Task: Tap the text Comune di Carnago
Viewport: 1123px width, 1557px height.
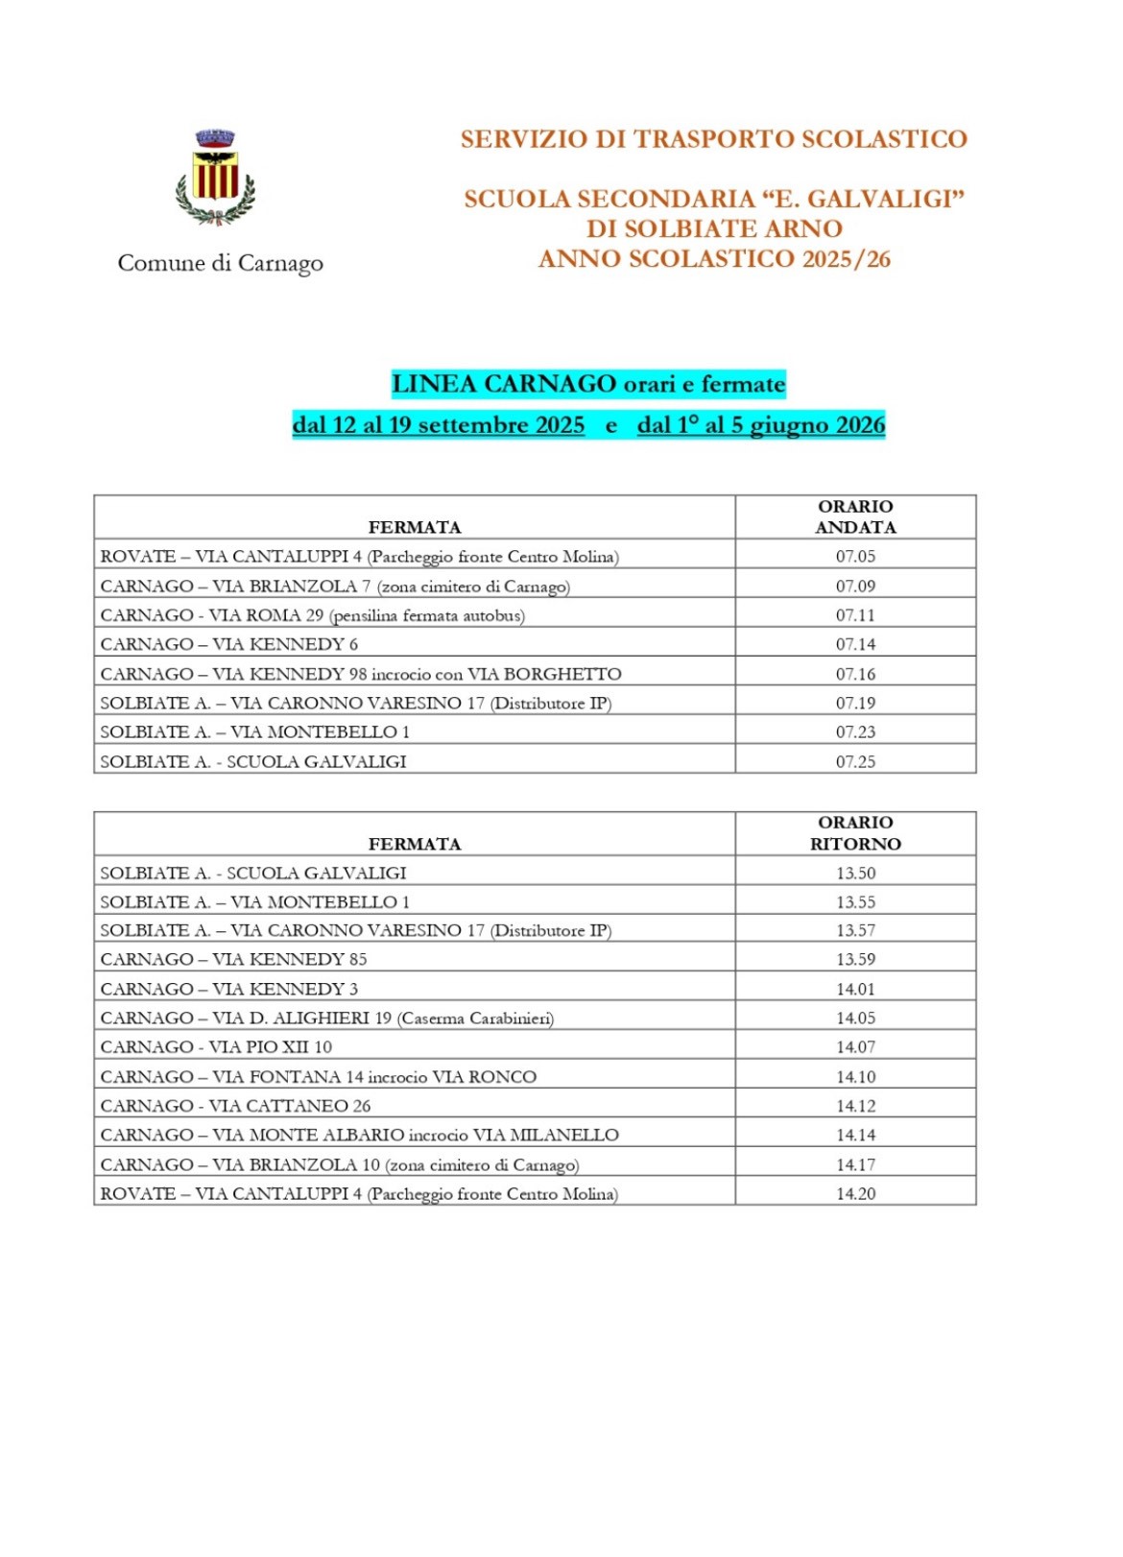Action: pos(220,263)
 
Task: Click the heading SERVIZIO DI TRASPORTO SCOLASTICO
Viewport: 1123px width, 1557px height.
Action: pos(713,139)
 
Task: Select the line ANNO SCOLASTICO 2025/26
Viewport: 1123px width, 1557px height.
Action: pos(714,259)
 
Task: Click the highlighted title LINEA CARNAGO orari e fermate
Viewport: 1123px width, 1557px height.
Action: pos(588,384)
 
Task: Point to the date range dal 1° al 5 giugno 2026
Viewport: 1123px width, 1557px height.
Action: pos(760,425)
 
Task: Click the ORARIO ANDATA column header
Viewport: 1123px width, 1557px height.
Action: pos(855,516)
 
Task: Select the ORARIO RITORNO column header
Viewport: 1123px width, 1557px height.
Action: pos(855,833)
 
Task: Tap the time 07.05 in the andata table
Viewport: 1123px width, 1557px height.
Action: pos(855,557)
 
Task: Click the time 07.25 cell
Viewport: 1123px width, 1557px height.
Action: pos(855,762)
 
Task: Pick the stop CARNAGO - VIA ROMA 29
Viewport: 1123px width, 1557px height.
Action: pos(312,615)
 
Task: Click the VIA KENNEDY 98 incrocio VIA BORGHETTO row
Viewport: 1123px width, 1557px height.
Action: pos(360,674)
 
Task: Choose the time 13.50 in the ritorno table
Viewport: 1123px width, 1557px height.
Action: pos(855,874)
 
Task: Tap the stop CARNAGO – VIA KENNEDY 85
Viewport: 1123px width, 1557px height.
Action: pos(233,959)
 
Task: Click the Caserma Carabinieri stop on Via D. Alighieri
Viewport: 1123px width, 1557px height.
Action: pos(326,1018)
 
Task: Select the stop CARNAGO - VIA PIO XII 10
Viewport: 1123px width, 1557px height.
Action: pos(216,1047)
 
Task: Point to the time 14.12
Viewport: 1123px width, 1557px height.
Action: pos(855,1106)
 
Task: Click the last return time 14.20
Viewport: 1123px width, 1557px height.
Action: pos(855,1194)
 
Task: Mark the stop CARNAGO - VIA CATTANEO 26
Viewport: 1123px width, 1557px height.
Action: pos(235,1106)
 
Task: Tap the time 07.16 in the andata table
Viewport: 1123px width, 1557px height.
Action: pos(855,674)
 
